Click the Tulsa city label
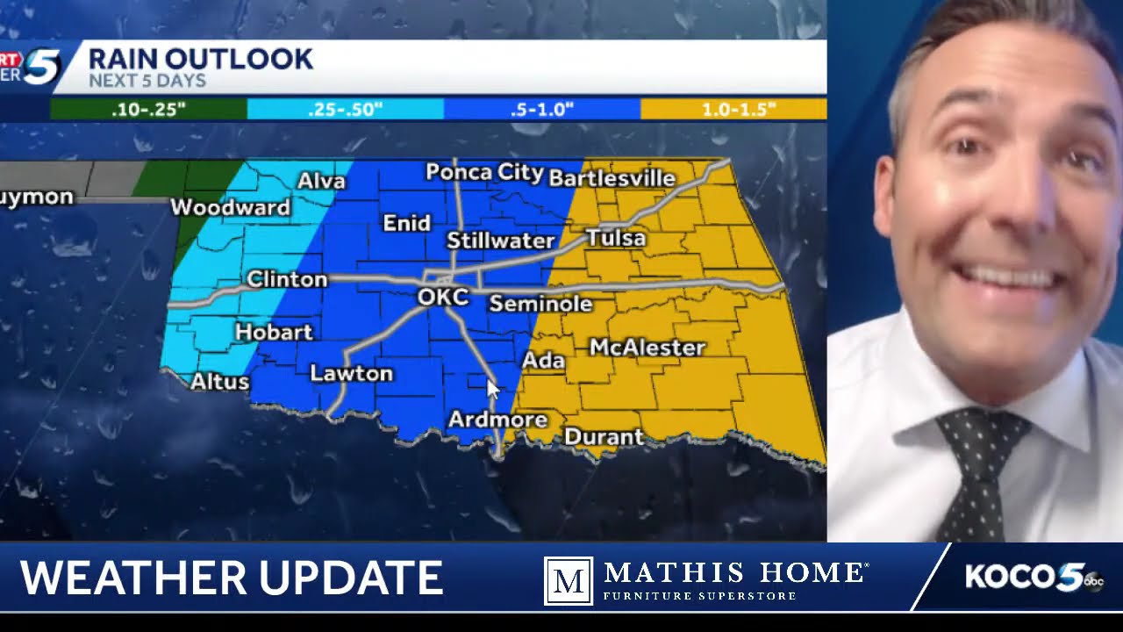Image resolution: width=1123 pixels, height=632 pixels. (616, 238)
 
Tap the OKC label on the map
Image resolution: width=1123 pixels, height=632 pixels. (443, 297)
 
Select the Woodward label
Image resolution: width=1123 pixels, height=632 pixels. (230, 207)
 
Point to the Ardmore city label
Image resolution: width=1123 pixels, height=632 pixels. (497, 420)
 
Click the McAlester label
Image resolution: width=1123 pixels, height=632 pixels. (647, 348)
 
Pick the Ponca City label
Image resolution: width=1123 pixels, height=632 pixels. (484, 172)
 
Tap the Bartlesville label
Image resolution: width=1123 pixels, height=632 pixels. (612, 179)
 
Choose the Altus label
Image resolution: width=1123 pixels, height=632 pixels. (220, 382)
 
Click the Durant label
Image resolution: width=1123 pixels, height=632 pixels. (604, 436)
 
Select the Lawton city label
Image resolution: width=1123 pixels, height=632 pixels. (352, 374)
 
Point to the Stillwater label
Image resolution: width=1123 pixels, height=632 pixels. (500, 241)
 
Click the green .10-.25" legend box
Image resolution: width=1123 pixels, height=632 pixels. (148, 110)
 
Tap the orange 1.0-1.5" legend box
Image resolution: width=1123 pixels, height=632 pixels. (733, 110)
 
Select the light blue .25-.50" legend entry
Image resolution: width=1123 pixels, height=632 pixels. (346, 110)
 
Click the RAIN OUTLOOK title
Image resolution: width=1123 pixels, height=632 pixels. (201, 59)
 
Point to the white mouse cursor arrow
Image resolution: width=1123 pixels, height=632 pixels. (492, 389)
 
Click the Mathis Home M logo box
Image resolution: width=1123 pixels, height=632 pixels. (568, 580)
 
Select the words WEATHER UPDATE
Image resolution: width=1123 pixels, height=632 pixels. (232, 578)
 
